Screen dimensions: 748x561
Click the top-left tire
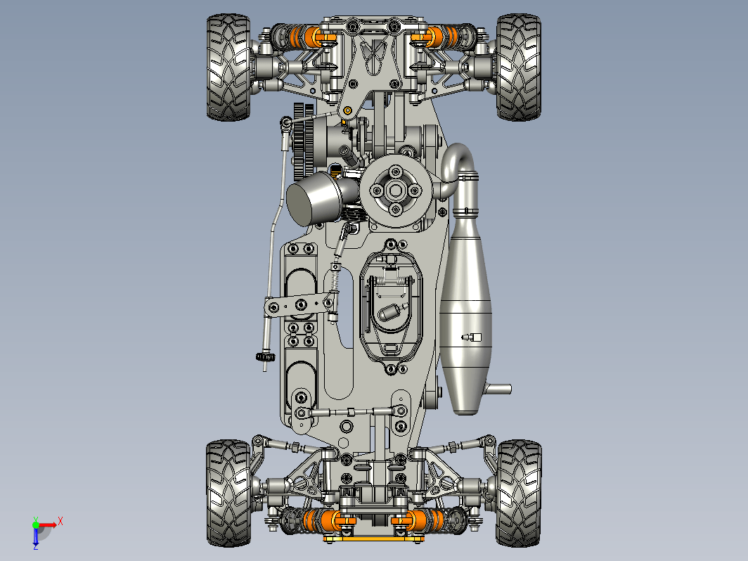pyautogui.click(x=228, y=67)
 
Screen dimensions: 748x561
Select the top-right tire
pyautogui.click(x=519, y=67)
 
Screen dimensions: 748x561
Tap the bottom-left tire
pyautogui.click(x=228, y=493)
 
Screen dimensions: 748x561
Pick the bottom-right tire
pyautogui.click(x=519, y=493)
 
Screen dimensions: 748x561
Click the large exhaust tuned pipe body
pyautogui.click(x=466, y=310)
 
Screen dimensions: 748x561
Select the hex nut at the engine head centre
pyautogui.click(x=395, y=191)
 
